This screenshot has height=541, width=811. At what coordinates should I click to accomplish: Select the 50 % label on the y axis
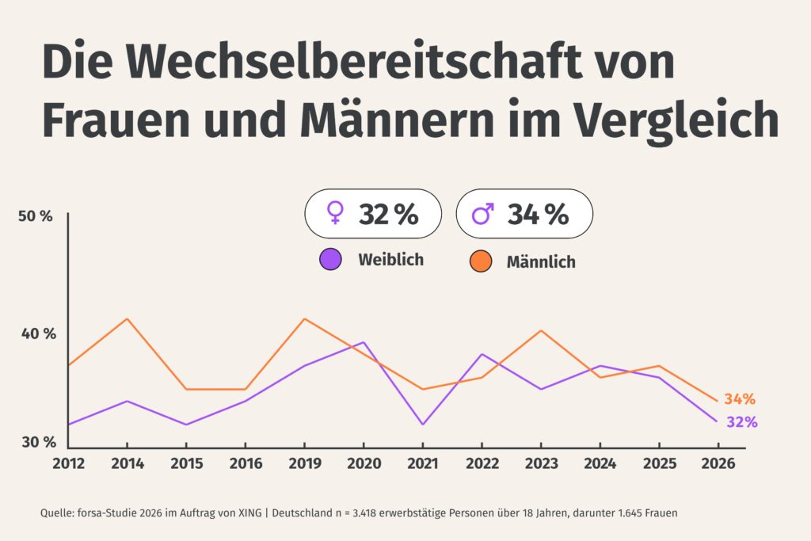(36, 216)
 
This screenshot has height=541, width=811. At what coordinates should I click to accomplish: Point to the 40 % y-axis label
(38, 333)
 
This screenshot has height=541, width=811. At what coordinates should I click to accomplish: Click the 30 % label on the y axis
(37, 442)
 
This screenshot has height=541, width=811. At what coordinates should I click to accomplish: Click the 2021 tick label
(423, 463)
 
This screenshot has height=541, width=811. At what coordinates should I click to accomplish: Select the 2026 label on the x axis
(718, 463)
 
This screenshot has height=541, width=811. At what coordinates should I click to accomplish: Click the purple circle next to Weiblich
(330, 260)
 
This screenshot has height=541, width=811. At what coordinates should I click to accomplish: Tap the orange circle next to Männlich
(480, 261)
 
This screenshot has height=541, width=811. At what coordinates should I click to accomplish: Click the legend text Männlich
(541, 262)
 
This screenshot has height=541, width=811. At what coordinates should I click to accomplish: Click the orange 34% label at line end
(739, 399)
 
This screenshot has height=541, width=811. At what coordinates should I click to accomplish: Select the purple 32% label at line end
(741, 422)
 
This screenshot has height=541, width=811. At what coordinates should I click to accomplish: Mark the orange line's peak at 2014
(127, 318)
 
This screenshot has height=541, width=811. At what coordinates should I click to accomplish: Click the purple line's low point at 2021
(423, 425)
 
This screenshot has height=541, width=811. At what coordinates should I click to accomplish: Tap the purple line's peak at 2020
(363, 342)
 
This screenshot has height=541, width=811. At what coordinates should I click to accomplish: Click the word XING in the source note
(247, 513)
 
